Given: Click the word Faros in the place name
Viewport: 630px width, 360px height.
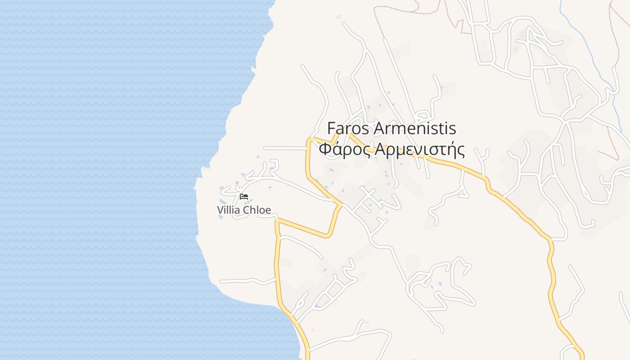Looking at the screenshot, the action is point(349,129).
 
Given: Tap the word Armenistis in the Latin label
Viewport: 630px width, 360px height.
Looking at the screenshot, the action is point(415,129).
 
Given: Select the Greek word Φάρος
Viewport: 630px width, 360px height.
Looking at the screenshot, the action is point(345,149).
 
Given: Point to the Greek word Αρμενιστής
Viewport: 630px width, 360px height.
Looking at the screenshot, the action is point(419,149).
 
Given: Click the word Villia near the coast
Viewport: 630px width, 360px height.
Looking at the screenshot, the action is point(229,210).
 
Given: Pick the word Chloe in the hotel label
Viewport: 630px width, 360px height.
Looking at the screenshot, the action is point(257,210).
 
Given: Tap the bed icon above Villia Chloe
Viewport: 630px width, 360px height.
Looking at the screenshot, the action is point(244,197).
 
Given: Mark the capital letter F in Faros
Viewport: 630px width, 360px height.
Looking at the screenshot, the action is point(331,129).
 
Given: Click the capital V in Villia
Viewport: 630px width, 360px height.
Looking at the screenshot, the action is point(220,210).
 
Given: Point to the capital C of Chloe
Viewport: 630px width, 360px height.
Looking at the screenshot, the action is point(246,210).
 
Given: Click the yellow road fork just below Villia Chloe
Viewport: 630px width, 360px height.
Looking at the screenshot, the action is point(277,220).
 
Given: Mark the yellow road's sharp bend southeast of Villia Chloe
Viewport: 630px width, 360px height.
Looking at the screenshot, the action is point(328,235).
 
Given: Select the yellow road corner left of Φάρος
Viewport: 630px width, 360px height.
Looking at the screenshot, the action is point(309,139).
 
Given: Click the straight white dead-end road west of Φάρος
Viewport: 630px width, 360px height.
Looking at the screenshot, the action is point(283,148).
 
